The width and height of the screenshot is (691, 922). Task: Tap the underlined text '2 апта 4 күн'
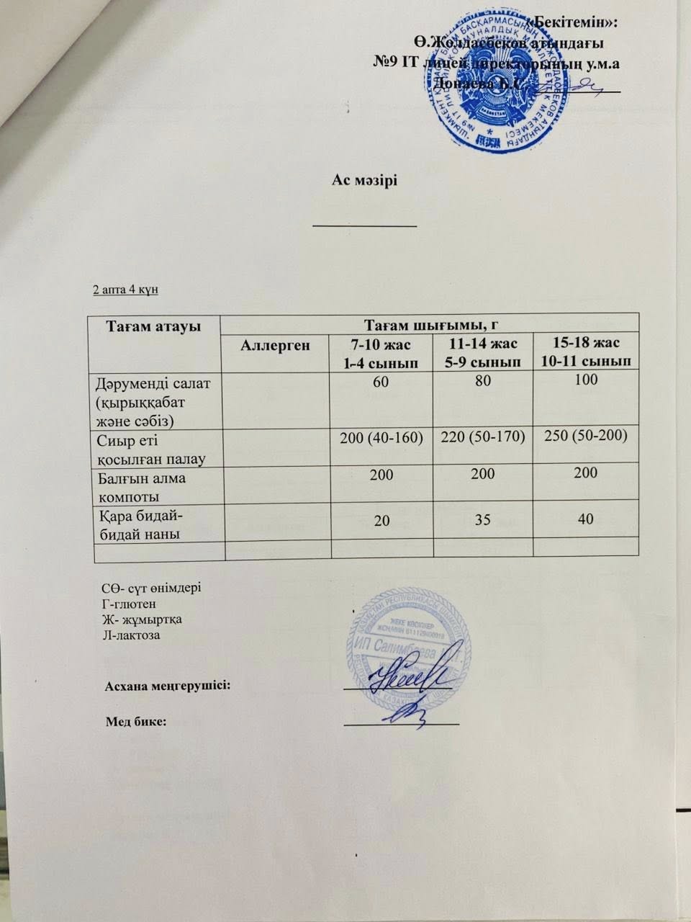[126, 290]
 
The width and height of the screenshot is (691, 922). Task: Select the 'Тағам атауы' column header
[153, 326]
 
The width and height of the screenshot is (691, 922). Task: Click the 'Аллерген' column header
[274, 344]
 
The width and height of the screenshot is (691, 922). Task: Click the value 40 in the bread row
[586, 518]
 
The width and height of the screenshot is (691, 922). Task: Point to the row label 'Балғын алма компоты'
[140, 486]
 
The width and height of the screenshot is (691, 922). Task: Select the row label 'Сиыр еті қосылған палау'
[148, 447]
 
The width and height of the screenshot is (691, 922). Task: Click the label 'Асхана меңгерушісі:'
[169, 684]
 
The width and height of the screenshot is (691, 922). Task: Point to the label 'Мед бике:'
[136, 722]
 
